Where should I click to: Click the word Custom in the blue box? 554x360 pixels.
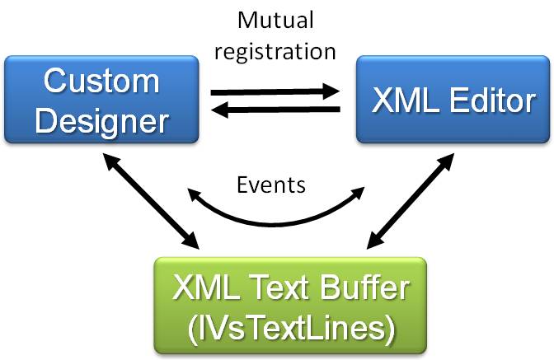(x=101, y=82)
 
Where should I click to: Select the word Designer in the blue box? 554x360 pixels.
(x=101, y=120)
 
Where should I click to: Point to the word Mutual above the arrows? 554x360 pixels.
(x=275, y=20)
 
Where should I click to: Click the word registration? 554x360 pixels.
(x=275, y=50)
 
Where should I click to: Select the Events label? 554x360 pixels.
(x=271, y=185)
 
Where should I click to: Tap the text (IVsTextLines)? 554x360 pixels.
(x=290, y=327)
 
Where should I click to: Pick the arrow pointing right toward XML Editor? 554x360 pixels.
(x=275, y=91)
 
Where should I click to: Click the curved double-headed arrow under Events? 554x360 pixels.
(x=275, y=218)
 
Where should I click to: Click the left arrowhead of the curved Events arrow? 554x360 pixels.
(x=193, y=194)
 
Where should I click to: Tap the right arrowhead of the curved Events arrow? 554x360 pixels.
(x=359, y=193)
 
